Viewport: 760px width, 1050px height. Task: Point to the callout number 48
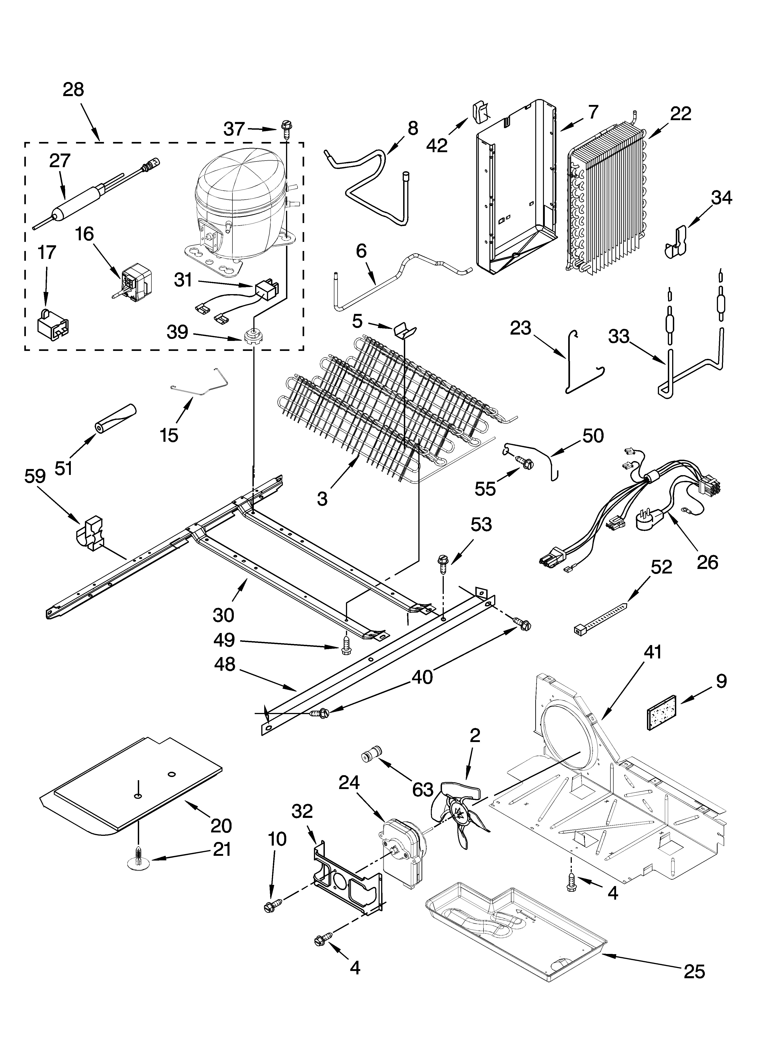click(225, 665)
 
